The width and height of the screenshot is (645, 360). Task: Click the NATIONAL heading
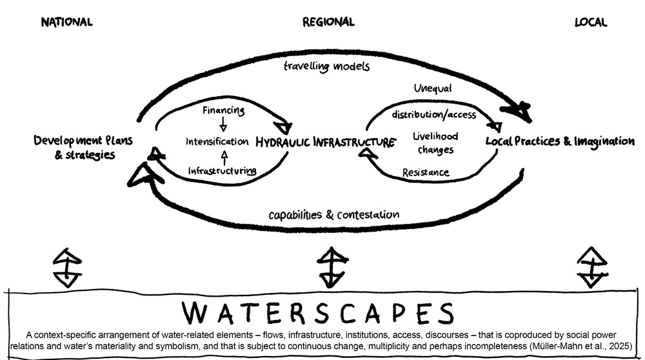66,22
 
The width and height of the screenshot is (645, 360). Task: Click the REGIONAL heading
328,22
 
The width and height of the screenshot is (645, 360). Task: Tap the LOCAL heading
591,22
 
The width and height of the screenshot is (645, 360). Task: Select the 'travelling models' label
326,66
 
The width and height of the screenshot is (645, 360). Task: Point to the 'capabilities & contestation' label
333,215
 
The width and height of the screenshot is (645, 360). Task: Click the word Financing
223,110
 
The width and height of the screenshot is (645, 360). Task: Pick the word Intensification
217,141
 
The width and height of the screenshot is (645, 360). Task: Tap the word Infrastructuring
222,171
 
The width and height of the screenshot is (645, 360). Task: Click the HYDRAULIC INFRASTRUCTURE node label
325,143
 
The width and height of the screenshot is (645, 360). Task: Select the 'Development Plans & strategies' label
83,147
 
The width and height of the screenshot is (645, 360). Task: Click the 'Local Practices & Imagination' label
560,142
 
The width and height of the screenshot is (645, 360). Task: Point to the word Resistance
425,172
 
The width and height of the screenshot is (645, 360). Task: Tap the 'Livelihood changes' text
435,143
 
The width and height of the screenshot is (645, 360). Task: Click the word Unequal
433,88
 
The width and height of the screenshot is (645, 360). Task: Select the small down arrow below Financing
223,123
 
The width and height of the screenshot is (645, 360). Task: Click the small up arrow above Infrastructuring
224,157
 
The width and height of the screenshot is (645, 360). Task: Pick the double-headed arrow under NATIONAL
68,268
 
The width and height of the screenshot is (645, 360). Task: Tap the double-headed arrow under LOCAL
592,268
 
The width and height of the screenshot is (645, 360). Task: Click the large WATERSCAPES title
318,313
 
